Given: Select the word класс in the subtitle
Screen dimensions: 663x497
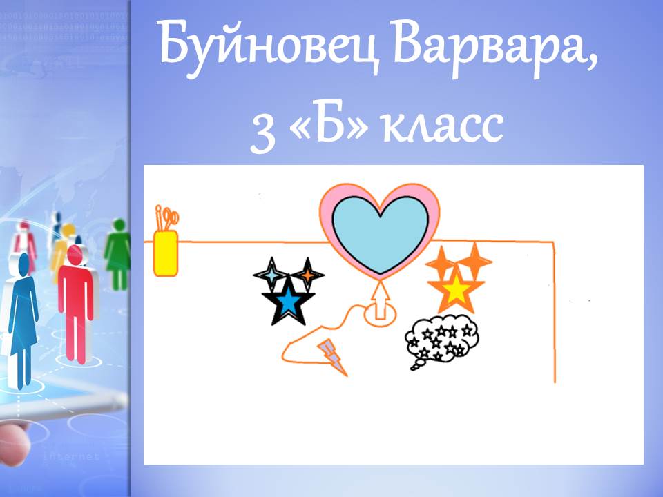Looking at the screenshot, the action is tap(443, 125).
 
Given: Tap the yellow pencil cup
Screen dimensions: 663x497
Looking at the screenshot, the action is tap(166, 253).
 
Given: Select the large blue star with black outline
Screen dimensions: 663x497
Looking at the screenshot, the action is tap(288, 300).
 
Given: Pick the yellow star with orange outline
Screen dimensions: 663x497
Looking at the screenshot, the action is tap(456, 290).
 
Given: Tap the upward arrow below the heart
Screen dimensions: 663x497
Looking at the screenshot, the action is tap(381, 300).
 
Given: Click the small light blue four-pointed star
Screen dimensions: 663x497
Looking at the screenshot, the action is tap(271, 275).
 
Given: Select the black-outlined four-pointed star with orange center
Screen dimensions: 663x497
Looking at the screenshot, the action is tap(308, 275).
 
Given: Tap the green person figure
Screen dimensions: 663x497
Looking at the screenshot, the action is tap(118, 254).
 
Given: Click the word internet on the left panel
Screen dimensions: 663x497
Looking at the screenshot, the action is tap(71, 456).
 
